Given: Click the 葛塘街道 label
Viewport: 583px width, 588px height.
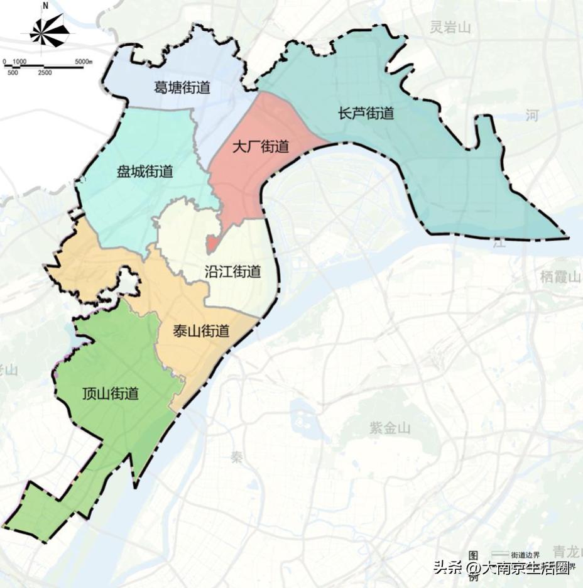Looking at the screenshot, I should (182, 88).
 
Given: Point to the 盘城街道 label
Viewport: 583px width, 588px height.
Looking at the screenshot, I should (144, 171).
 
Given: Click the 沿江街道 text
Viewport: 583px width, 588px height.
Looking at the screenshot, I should (232, 272).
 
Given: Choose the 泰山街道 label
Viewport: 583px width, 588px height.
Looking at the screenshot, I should (201, 331).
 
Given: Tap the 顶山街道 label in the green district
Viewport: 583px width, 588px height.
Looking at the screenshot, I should (111, 394).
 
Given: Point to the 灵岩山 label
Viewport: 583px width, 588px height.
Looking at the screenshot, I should (450, 27).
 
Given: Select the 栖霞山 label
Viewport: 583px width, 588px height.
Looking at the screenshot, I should (561, 276).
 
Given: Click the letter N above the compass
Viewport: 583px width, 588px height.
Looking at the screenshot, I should (45, 6).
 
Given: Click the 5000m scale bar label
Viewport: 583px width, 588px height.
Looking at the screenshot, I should (84, 61).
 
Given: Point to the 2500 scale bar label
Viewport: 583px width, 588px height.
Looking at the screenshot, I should (45, 73).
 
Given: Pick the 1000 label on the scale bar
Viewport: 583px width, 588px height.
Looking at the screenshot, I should (19, 61).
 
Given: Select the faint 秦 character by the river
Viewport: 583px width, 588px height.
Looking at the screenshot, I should (236, 457).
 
